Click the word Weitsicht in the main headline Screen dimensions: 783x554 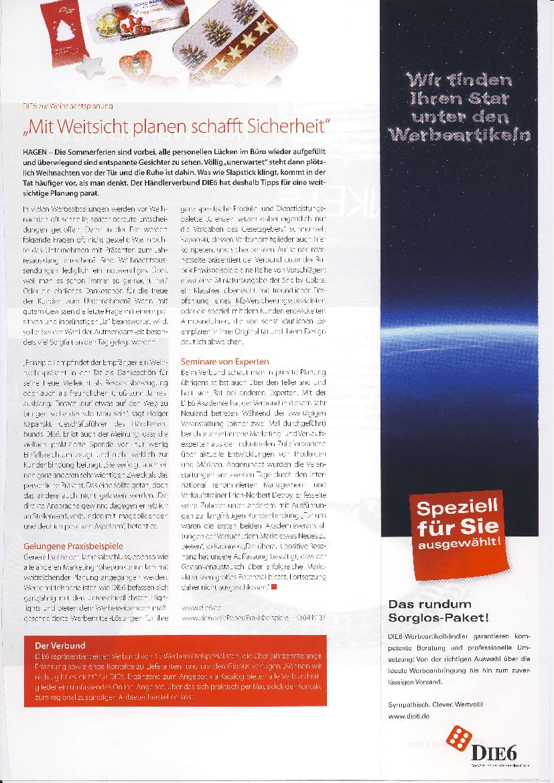100,125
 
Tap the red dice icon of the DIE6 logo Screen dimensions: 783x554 459,739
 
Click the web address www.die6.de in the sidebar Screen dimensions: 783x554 409,716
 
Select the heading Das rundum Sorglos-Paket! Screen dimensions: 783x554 438,610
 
